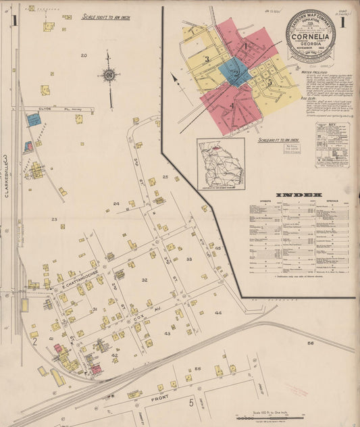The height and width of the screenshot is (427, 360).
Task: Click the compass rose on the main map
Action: point(108,74)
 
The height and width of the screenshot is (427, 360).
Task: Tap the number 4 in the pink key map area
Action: point(231,105)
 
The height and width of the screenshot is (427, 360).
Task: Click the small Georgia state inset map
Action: point(221,164)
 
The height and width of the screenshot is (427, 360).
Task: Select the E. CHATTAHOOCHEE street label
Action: point(81,269)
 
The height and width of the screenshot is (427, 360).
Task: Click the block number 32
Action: point(144,279)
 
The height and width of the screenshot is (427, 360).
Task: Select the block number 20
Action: point(84,55)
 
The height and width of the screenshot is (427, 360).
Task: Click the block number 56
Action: point(311,344)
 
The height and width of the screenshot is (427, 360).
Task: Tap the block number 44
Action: point(218,313)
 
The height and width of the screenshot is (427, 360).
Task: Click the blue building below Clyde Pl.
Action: point(34,120)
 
